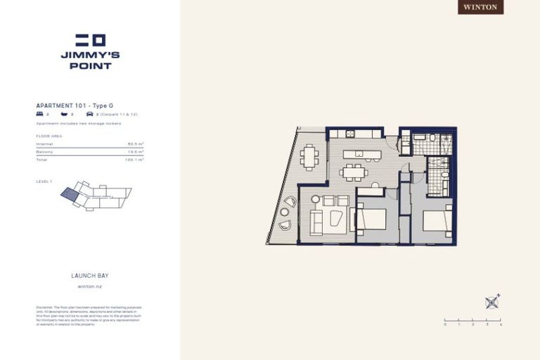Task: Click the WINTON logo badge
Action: pos(482,7)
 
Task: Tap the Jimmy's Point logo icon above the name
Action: pos(90,40)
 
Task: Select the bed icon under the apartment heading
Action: pos(39,113)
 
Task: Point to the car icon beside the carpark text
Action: pos(89,113)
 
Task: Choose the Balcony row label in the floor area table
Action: pos(45,152)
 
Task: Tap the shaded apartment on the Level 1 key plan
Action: pos(70,193)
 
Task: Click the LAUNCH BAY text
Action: pos(90,276)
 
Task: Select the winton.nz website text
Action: pos(90,286)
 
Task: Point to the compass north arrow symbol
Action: pos(492,302)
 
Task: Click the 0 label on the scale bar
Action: pos(445,325)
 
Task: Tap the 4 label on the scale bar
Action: pos(501,325)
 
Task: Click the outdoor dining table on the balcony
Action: pos(309,157)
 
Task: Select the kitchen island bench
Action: pos(362,154)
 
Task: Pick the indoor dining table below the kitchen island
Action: pos(353,172)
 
